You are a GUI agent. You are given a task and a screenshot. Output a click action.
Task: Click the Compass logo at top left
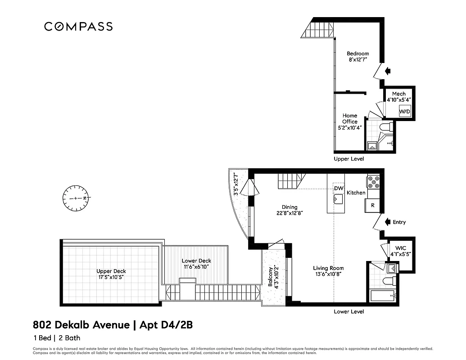[78, 27]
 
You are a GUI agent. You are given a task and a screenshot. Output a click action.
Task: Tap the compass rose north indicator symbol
[77, 198]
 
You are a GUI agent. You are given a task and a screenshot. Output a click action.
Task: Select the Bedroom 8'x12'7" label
[357, 56]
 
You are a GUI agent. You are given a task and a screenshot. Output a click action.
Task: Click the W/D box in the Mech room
[405, 111]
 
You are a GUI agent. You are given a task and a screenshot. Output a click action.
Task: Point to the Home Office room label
[350, 121]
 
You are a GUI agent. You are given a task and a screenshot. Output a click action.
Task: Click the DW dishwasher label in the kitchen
[339, 188]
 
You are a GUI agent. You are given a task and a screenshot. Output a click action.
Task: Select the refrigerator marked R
[372, 205]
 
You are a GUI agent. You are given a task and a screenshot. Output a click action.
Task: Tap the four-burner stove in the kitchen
[373, 181]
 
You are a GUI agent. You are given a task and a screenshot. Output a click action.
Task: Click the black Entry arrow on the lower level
[386, 222]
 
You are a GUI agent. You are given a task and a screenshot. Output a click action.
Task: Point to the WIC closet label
[400, 251]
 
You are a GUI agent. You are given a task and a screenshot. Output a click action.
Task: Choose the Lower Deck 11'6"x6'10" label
[196, 264]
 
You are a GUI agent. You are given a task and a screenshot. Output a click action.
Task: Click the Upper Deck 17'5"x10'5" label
[111, 274]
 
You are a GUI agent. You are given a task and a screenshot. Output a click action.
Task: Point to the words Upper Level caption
[348, 159]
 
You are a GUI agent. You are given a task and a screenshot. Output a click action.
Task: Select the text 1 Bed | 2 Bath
[57, 338]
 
